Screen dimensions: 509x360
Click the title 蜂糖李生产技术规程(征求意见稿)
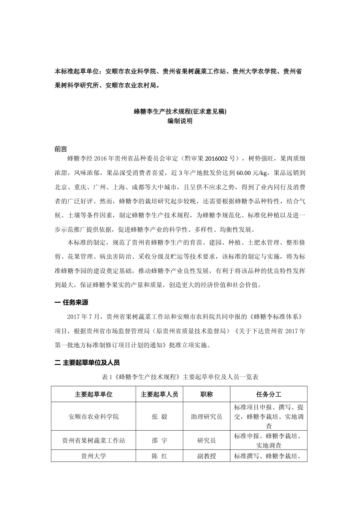click(180, 111)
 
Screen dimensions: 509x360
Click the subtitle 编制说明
click(180, 121)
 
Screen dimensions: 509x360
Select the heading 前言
click(61, 149)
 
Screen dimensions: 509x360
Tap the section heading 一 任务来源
click(72, 303)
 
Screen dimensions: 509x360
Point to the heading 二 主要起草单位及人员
click(87, 363)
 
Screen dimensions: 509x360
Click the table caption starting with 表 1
click(180, 377)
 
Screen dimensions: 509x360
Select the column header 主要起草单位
click(94, 394)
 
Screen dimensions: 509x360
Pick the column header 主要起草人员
click(159, 394)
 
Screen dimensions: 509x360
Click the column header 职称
click(207, 394)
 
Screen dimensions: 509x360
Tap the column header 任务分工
click(269, 394)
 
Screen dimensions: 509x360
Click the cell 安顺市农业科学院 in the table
click(94, 417)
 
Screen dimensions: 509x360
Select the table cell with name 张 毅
click(159, 417)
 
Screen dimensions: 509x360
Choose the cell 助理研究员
click(207, 417)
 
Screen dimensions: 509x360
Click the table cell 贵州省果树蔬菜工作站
click(94, 440)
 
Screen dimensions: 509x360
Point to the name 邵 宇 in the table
click(159, 440)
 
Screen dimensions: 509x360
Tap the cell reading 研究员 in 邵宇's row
click(207, 440)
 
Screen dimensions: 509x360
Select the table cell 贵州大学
click(94, 456)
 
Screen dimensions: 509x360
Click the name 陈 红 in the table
click(159, 456)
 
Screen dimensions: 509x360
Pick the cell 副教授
click(207, 456)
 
